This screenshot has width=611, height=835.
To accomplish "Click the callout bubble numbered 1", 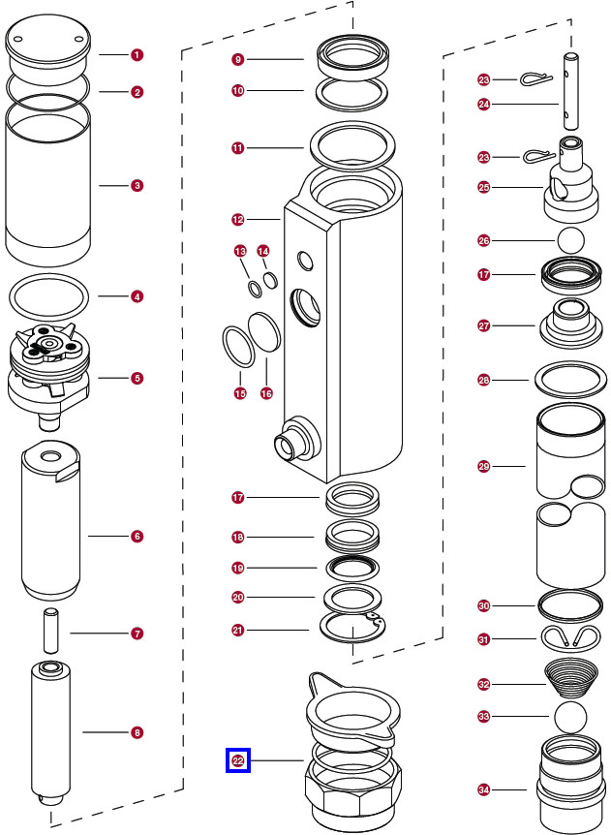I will point(137,55).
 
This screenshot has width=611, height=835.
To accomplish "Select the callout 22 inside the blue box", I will point(238,761).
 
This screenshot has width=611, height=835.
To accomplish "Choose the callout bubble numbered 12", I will point(237,220).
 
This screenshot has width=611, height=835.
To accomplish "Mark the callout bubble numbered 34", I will point(484,791).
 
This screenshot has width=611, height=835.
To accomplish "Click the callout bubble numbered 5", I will point(137,377).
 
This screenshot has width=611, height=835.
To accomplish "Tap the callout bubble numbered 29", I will point(484,467).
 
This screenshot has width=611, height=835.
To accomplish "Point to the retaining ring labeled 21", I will point(353,631).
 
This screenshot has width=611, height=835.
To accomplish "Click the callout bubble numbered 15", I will point(239,393).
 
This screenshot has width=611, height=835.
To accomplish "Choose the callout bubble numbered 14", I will point(263,251).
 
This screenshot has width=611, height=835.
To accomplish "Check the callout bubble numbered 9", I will point(238,60).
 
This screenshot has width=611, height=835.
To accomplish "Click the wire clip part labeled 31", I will point(567,637).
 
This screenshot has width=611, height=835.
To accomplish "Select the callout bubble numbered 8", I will point(137,733).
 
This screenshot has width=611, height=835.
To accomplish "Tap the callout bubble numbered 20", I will point(238,598).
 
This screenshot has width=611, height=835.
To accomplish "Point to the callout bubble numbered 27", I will point(484,326).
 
